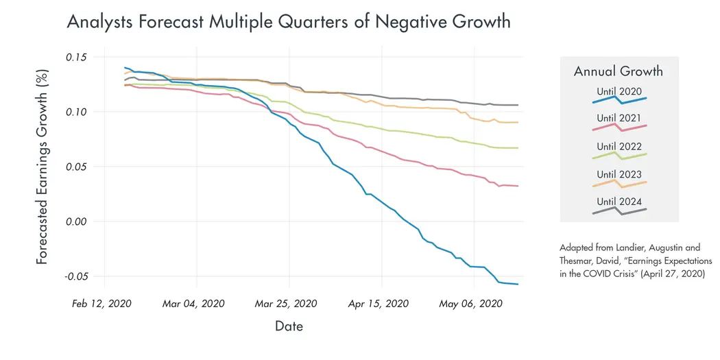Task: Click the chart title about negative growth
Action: pyautogui.click(x=288, y=22)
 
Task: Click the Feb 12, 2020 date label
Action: pyautogui.click(x=102, y=304)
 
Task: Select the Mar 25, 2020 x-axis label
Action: pyautogui.click(x=287, y=304)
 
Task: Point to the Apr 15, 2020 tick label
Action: pyautogui.click(x=379, y=304)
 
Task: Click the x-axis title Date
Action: pyautogui.click(x=289, y=326)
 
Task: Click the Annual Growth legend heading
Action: pyautogui.click(x=618, y=71)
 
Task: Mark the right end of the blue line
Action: pyautogui.click(x=518, y=284)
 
